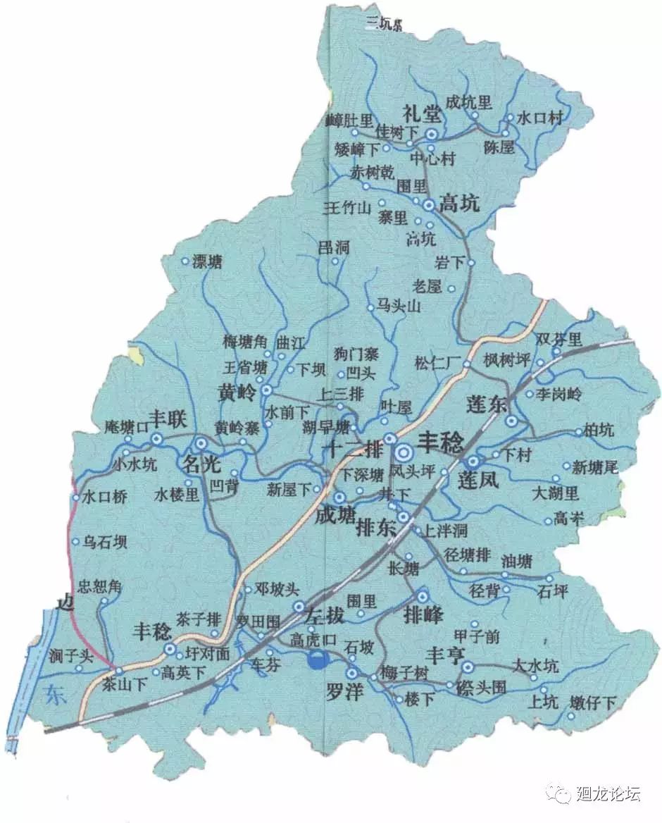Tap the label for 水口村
[540, 118]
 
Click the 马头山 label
[398, 306]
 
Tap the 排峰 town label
[423, 614]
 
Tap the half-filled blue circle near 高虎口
[318, 660]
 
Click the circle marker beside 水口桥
[76, 497]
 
